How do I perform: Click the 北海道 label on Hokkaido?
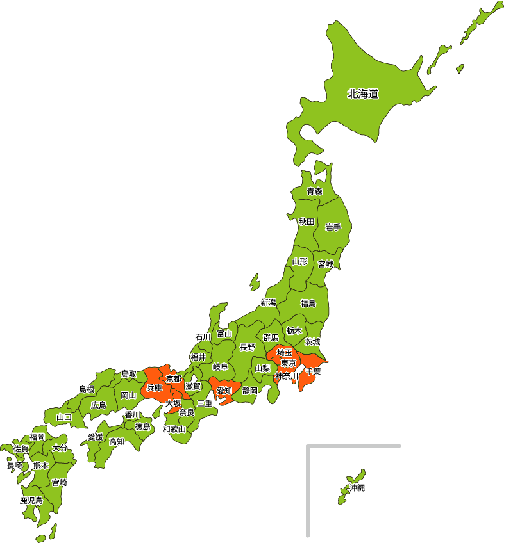(363, 94)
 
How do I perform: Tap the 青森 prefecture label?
(314, 191)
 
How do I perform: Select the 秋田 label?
(307, 222)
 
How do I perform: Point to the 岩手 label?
(333, 227)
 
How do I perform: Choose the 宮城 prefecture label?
(326, 264)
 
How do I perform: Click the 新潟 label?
(268, 302)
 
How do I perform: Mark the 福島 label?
(308, 303)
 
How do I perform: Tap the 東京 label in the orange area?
(289, 363)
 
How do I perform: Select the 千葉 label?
(314, 371)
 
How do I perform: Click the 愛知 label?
(224, 391)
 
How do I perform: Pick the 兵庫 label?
(155, 387)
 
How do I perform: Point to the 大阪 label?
(173, 403)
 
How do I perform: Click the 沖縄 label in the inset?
(357, 488)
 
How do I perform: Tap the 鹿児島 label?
(31, 500)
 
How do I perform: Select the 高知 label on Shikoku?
(117, 441)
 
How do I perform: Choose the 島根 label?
(87, 389)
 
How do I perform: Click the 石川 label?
(203, 337)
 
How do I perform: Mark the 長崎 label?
(14, 466)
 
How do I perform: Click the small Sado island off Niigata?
(255, 282)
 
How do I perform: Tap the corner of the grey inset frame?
(308, 446)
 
